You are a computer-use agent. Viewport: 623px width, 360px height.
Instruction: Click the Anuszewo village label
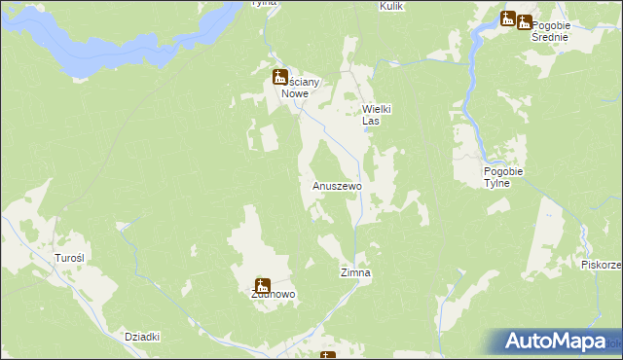tap(337, 185)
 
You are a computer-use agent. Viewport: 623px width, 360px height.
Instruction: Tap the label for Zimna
tap(355, 273)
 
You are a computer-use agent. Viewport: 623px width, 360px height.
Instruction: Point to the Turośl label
tap(70, 258)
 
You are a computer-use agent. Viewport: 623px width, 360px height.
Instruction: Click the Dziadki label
tap(142, 336)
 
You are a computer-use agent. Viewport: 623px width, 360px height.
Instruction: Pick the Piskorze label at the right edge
tap(602, 265)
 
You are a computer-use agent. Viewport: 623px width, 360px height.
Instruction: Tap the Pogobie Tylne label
tap(504, 177)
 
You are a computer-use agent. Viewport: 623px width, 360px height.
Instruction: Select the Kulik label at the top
tap(391, 6)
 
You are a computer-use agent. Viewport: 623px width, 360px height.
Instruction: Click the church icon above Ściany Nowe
tap(279, 75)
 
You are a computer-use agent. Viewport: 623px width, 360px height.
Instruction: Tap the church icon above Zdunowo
tap(262, 285)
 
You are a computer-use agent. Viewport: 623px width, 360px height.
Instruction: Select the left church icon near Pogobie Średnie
tap(508, 18)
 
